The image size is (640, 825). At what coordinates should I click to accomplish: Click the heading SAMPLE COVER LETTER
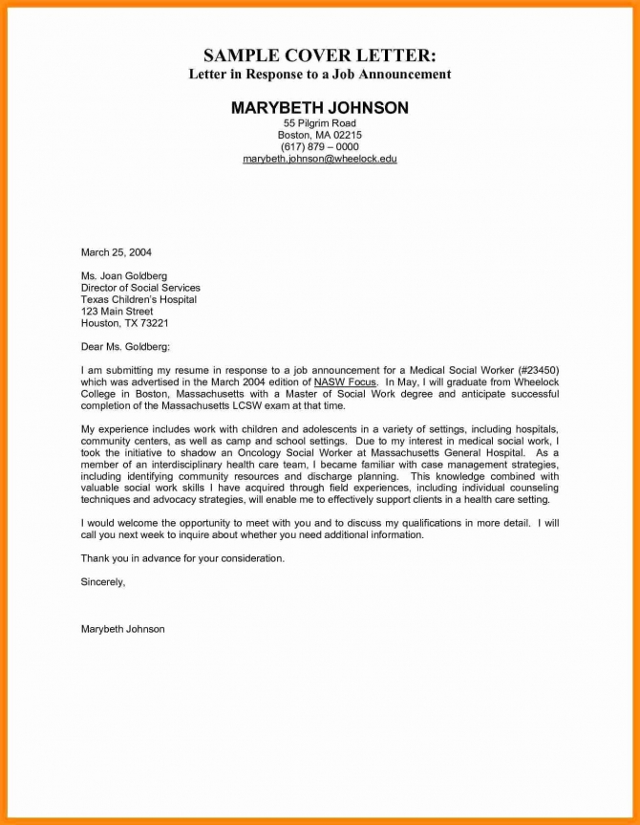point(319,54)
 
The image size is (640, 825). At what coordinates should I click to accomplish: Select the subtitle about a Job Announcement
point(319,75)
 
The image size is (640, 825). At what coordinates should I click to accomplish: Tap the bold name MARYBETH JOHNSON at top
point(319,108)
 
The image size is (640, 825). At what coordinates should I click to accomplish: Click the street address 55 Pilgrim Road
point(319,124)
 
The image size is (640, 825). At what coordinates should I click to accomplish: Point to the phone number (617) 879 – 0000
point(319,146)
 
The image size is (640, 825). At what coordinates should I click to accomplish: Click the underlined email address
point(319,158)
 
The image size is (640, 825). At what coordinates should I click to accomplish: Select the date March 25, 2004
point(116,252)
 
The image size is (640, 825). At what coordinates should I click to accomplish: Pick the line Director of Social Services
point(140,288)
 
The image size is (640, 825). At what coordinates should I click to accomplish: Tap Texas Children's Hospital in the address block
point(139,299)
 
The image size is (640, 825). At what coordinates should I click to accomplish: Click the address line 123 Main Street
point(117,312)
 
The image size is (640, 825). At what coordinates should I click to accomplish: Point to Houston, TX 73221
point(124,323)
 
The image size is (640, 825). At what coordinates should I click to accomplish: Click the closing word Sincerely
point(103,581)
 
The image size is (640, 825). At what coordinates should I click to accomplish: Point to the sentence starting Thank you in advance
point(182,558)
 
